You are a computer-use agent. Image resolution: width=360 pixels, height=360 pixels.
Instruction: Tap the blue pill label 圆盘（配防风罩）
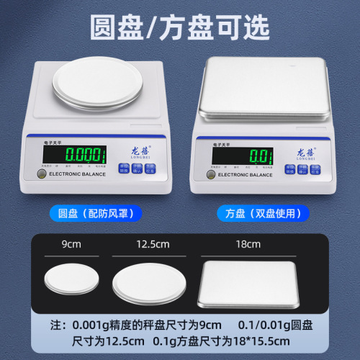pyautogui.click(x=96, y=213)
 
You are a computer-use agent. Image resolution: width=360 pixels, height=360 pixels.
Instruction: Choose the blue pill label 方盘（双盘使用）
pyautogui.click(x=263, y=213)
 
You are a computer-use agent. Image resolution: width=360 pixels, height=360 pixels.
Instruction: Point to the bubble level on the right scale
pyautogui.click(x=210, y=174)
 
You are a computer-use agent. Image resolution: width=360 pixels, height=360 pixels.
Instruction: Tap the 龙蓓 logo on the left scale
pyautogui.click(x=140, y=152)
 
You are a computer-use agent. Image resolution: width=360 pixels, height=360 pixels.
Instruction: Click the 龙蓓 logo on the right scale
pyautogui.click(x=305, y=152)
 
